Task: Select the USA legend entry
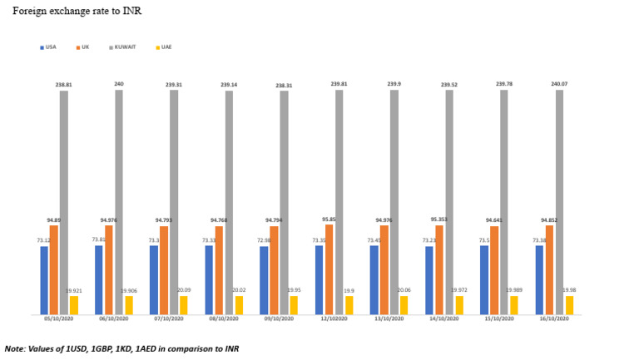click(52, 47)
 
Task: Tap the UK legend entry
click(84, 47)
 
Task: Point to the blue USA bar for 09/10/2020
click(265, 280)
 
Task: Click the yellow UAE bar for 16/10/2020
click(569, 305)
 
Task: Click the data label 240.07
click(559, 84)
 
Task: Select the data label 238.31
click(284, 86)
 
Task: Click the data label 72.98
click(263, 241)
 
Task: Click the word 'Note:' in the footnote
click(15, 348)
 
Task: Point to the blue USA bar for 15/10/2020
click(484, 280)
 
